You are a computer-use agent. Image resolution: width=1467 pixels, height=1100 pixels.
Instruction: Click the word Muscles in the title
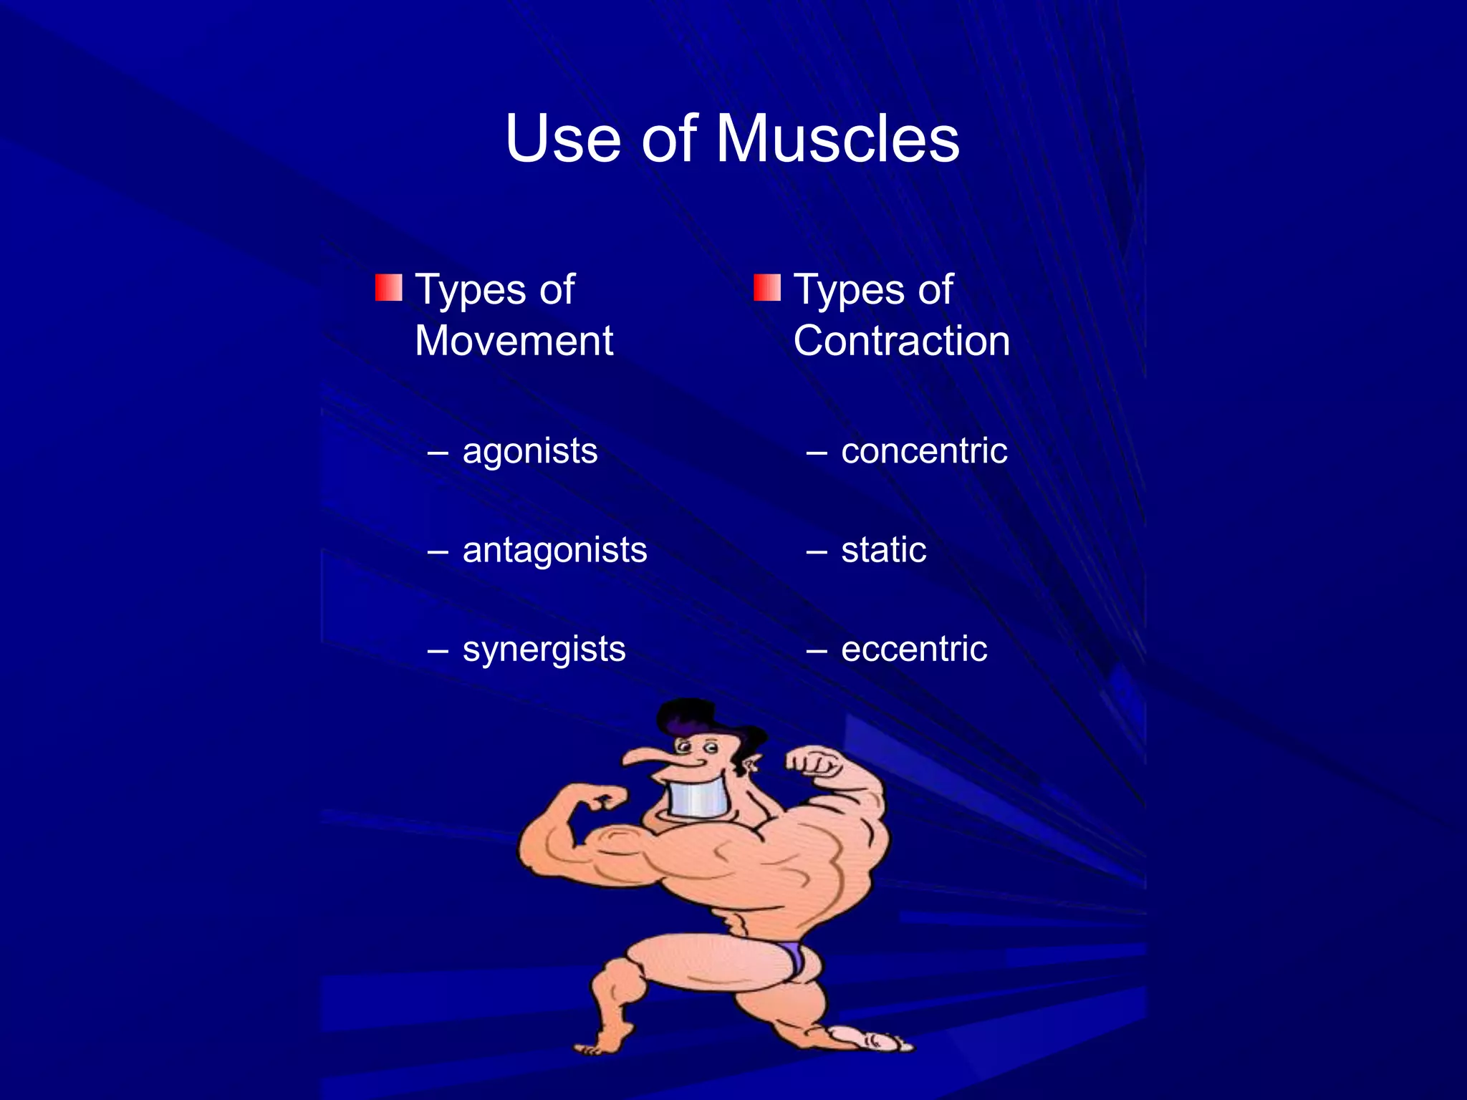(837, 139)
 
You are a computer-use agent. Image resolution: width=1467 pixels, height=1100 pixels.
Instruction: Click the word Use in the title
(562, 139)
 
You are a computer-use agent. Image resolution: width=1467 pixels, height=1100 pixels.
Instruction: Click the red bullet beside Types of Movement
(388, 288)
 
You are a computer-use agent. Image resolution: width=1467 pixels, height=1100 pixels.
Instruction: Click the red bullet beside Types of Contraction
(766, 288)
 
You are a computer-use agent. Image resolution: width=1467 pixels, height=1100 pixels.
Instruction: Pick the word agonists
(530, 451)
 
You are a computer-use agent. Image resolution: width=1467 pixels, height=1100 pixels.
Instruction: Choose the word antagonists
(554, 550)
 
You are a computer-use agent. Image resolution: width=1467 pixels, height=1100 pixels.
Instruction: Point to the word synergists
(544, 650)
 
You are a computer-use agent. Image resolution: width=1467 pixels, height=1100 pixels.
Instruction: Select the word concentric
(924, 451)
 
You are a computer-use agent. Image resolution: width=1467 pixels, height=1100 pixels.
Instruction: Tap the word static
(883, 550)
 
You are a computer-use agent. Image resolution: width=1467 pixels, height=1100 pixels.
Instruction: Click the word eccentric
(914, 650)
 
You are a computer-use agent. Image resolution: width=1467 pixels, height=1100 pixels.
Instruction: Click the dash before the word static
(817, 552)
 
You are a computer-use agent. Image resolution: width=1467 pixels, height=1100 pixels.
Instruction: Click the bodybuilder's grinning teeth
(698, 798)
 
